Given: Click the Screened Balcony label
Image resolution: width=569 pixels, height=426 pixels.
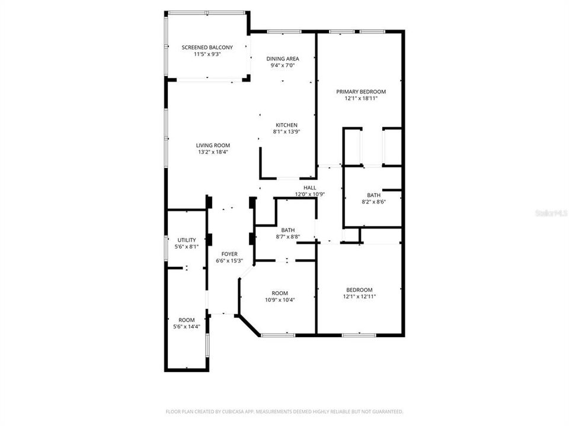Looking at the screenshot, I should tap(207, 47).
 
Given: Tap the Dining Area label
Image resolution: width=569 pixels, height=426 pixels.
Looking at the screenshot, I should tap(282, 59).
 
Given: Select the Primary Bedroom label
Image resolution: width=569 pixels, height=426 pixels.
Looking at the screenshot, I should tap(361, 92).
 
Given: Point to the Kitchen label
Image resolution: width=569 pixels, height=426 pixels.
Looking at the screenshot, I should tap(286, 125).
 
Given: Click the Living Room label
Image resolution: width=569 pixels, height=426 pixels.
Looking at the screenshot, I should tap(213, 145).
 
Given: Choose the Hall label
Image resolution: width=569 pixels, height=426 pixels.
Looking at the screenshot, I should tap(309, 188).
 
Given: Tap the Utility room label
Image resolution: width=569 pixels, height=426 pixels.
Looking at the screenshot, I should tap(187, 240).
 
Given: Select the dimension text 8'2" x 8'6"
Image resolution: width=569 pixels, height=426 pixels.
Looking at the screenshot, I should tap(373, 202).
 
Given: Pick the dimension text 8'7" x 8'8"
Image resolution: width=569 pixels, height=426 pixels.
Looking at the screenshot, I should tap(288, 237).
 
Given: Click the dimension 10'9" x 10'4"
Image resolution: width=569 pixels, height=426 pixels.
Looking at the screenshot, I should tap(280, 300).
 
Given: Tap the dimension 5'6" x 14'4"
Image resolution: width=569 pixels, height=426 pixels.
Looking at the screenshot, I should tap(187, 327).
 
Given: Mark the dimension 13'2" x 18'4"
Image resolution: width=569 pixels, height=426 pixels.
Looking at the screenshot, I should tap(213, 152).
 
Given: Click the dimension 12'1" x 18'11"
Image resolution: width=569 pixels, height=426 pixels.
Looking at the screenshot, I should tap(361, 99).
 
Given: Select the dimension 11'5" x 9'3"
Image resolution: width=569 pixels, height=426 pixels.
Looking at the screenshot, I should tap(207, 54).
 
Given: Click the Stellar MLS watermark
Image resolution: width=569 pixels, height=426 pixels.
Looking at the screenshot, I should tap(551, 211).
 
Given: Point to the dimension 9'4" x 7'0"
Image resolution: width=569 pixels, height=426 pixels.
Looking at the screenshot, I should tap(282, 66).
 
